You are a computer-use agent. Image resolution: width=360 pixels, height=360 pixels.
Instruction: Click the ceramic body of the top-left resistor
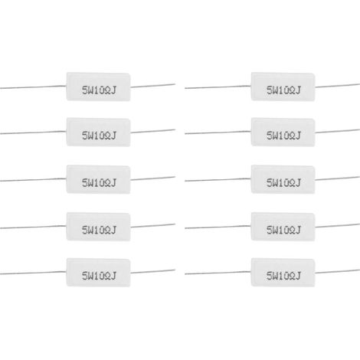tap(99, 87)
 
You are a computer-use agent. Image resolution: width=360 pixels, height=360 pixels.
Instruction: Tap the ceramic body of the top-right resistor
tap(283, 87)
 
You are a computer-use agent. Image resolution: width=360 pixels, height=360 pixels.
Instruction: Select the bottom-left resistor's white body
tap(99, 272)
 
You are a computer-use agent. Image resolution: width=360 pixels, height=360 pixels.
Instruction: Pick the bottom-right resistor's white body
tap(283, 272)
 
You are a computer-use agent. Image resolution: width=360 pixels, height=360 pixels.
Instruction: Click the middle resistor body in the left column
tap(99, 179)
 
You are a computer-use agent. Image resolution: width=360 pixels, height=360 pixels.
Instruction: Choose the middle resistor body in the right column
tap(283, 179)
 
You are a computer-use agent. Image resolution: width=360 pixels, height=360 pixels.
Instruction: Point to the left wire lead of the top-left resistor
tap(33, 87)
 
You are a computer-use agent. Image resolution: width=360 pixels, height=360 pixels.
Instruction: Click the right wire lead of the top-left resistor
tap(153, 86)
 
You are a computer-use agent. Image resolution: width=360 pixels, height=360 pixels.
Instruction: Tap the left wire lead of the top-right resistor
tap(218, 87)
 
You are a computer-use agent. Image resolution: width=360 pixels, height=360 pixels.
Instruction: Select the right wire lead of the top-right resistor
tap(338, 86)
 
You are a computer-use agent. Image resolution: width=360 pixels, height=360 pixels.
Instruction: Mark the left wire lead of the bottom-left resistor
tap(33, 273)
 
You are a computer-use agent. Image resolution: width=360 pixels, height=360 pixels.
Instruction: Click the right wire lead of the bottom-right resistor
tap(338, 271)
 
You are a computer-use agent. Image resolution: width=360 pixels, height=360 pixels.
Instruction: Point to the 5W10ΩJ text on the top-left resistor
tap(99, 90)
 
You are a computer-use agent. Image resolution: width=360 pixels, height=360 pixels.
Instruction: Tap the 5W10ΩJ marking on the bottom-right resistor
tap(283, 276)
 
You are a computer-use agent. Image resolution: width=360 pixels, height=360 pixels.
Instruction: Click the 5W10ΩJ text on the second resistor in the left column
tap(99, 136)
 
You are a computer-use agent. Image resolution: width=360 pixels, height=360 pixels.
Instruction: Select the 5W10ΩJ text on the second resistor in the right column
tap(283, 136)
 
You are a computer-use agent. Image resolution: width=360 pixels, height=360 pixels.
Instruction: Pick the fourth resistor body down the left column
tap(99, 227)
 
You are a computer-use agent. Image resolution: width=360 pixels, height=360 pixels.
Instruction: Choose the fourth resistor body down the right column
tap(283, 227)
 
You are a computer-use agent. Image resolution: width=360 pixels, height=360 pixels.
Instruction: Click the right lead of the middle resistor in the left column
tap(153, 178)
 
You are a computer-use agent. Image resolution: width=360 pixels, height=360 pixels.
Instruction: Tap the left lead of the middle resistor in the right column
tap(218, 180)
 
